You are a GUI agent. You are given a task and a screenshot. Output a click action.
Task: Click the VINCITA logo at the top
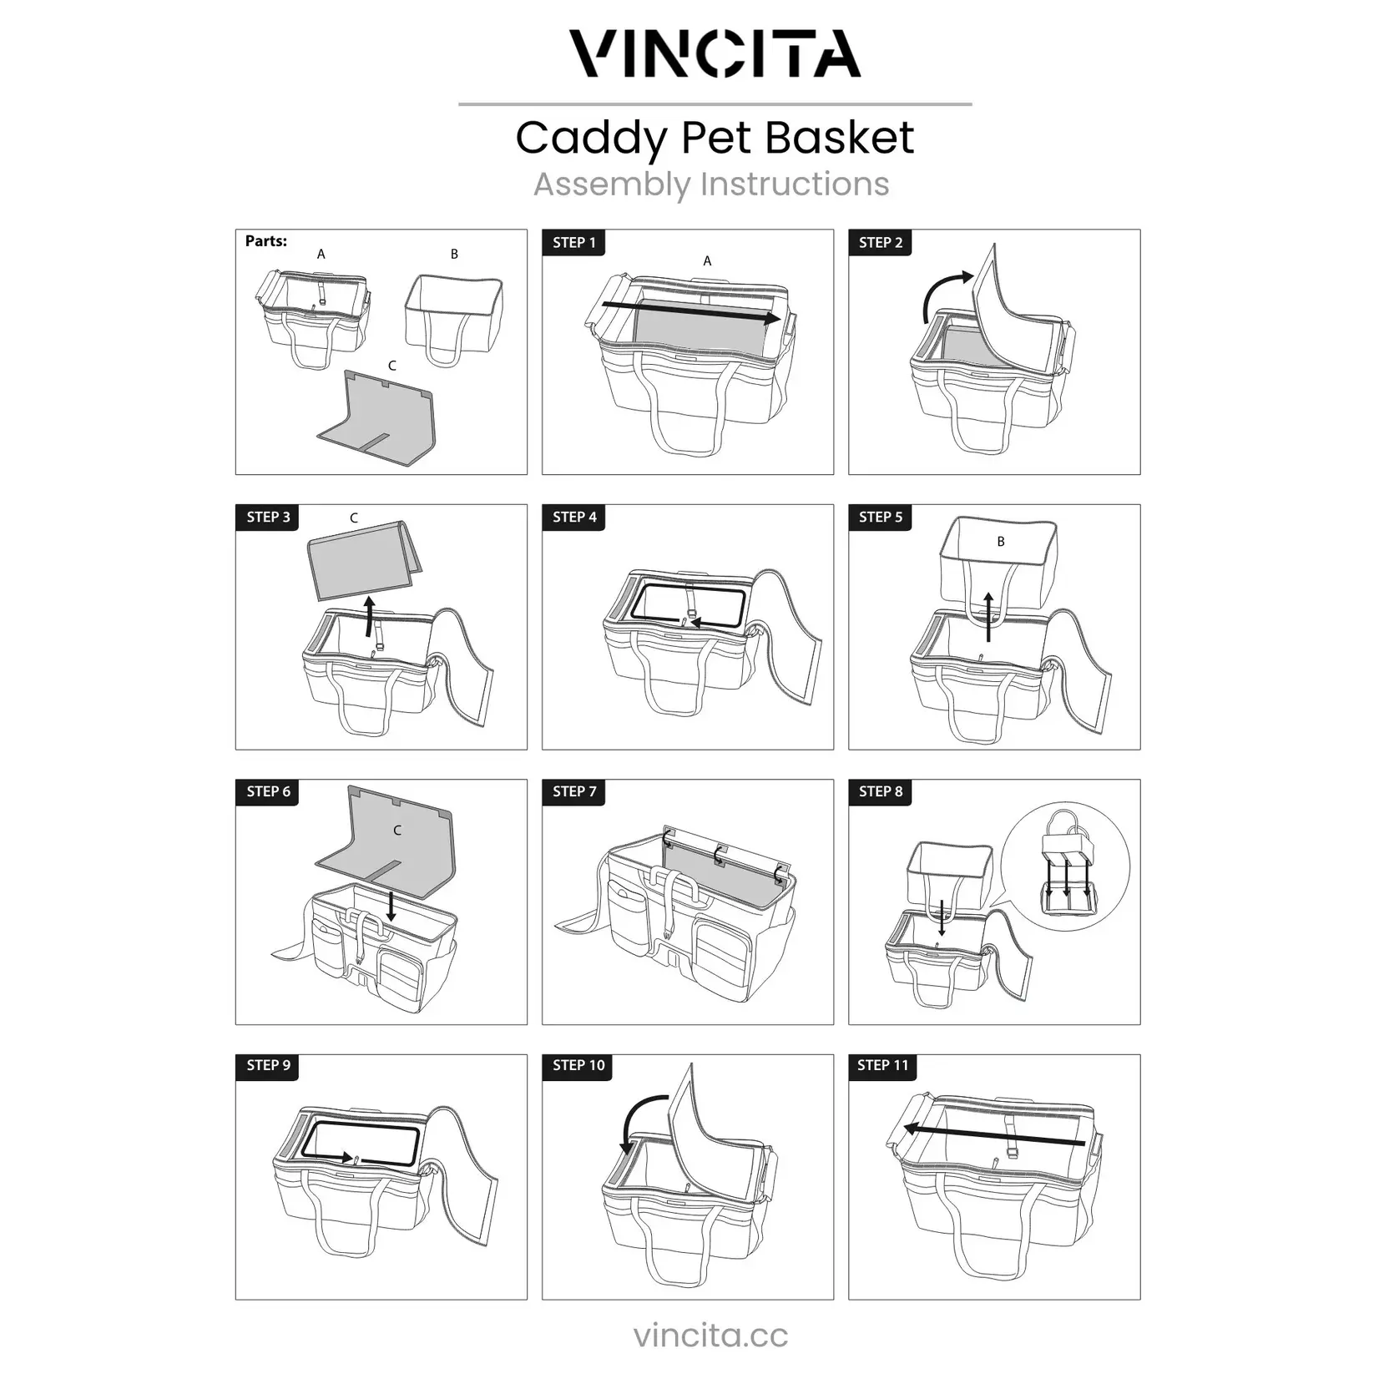point(715,54)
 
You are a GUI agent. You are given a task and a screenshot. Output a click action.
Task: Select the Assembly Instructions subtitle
point(711,184)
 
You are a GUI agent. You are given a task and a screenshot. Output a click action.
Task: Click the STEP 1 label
point(574,243)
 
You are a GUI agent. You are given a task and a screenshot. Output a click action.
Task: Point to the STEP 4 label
point(574,518)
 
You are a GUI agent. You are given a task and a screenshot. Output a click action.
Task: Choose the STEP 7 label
point(574,791)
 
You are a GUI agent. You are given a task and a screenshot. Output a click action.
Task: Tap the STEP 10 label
point(578,1066)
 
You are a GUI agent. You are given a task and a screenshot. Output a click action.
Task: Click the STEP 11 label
point(882,1066)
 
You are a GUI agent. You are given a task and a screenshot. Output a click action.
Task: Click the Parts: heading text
point(265,241)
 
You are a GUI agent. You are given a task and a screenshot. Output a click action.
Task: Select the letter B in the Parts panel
point(454,254)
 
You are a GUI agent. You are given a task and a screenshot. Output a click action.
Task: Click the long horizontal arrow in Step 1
point(691,312)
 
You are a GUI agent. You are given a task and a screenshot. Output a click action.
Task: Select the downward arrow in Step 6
point(391,905)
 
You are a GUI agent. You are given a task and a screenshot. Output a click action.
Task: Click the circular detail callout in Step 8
point(1065,867)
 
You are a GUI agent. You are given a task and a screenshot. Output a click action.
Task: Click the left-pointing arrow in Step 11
point(993,1136)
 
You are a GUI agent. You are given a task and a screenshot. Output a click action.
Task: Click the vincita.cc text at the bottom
point(710,1335)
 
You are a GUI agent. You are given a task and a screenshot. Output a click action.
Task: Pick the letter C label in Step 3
point(354,518)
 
